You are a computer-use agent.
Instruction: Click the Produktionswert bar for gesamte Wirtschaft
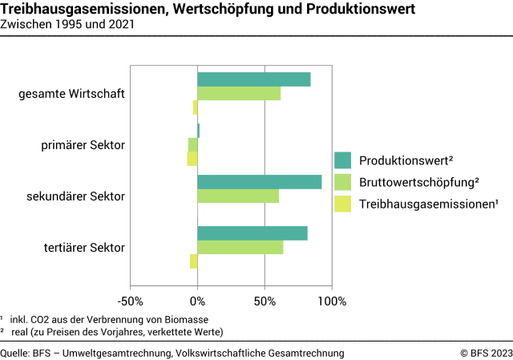(x=253, y=79)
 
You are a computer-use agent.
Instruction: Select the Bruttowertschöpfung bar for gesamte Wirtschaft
(x=239, y=94)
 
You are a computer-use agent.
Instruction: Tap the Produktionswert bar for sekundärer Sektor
(x=259, y=182)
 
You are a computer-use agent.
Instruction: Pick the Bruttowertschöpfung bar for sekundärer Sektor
(x=238, y=196)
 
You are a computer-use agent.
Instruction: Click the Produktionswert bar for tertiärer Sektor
(x=252, y=233)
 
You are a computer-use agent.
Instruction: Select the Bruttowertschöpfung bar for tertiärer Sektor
(x=240, y=248)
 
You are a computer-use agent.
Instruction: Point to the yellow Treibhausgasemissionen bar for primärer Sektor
(x=192, y=159)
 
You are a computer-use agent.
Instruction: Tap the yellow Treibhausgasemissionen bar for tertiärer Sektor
(x=194, y=261)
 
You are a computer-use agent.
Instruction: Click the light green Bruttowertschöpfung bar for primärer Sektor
(x=193, y=144)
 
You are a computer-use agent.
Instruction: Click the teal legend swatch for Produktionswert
(x=343, y=160)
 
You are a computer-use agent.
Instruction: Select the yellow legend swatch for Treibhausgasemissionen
(x=343, y=204)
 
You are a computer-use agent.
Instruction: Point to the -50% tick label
(x=130, y=301)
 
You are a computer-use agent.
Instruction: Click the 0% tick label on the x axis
(x=197, y=301)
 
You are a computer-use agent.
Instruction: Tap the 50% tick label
(x=265, y=301)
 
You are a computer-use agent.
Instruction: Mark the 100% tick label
(x=332, y=301)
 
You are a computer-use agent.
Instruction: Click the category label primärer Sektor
(x=83, y=145)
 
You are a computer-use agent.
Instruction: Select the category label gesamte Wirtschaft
(x=71, y=94)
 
